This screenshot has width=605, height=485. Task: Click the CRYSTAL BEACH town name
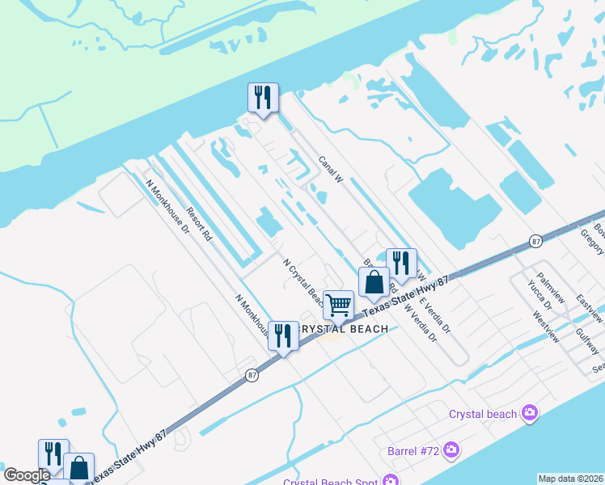[x=344, y=328]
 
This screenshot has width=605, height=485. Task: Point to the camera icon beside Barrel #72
[x=451, y=449]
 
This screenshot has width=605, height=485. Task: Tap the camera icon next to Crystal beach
[x=530, y=414]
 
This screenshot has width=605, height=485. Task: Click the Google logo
[x=27, y=475]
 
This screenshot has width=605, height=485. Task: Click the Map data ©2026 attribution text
[x=570, y=479]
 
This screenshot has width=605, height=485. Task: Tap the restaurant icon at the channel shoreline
[x=263, y=98]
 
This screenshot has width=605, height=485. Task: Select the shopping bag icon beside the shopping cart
[x=374, y=282]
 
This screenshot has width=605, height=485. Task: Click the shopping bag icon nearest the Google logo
[x=78, y=468]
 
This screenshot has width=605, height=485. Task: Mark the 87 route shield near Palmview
[x=535, y=241]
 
